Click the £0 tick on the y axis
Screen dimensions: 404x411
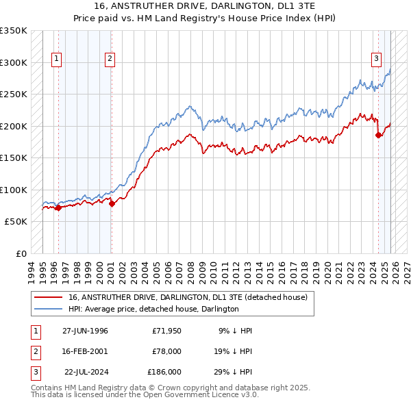coord(20,253)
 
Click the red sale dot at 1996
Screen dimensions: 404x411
coord(58,207)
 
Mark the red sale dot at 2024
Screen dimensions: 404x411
coord(378,136)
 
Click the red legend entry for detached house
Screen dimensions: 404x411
coord(188,297)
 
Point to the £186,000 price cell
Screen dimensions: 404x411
coord(164,372)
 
